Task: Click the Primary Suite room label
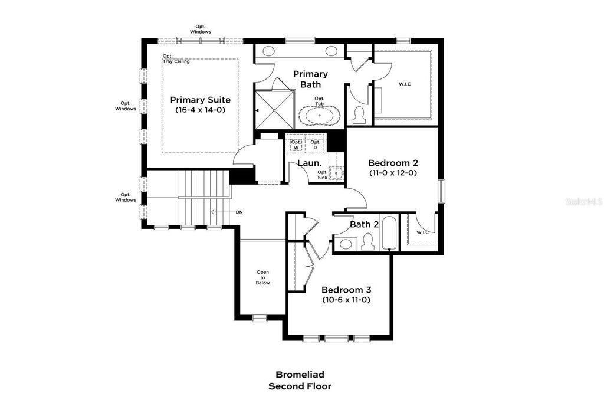point(200,100)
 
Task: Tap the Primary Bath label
point(310,79)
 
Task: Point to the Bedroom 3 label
point(346,290)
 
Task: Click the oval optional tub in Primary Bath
point(319,116)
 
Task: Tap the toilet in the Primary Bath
point(359,115)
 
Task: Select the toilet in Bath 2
point(368,242)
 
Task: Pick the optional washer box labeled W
point(296,145)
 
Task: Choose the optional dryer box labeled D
point(316,145)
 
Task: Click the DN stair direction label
point(239,212)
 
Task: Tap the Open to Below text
point(262,277)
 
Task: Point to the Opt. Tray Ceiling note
point(176,58)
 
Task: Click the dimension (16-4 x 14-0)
point(200,110)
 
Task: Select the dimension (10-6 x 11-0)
point(346,300)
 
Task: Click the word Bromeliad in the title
point(300,375)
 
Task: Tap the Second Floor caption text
point(300,386)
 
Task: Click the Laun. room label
point(309,163)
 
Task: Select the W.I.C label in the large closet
point(405,84)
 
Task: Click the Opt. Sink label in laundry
point(323,175)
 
